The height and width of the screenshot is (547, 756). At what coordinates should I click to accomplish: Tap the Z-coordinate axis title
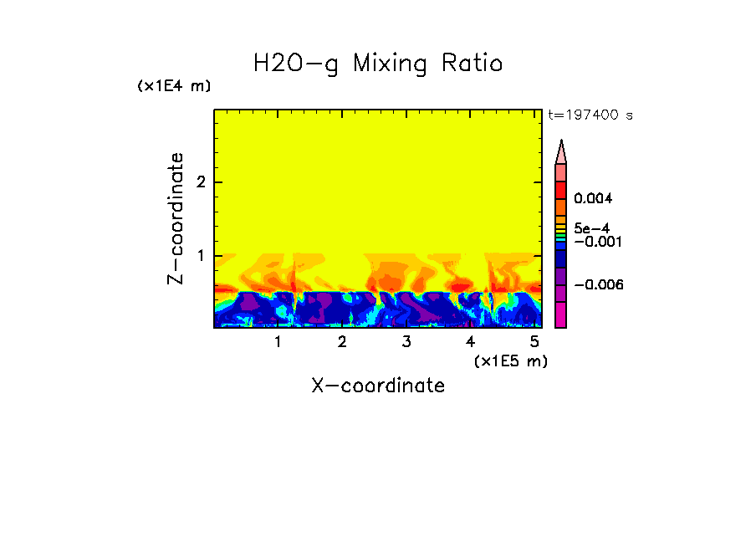click(176, 218)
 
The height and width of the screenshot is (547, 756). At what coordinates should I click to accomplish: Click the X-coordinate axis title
click(378, 386)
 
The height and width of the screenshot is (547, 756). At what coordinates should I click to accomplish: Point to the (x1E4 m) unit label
click(174, 86)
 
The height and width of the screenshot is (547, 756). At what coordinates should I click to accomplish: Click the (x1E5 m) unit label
click(510, 360)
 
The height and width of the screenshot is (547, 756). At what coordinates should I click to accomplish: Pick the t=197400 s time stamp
click(590, 115)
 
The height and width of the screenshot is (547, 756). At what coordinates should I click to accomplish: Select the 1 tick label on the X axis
click(278, 342)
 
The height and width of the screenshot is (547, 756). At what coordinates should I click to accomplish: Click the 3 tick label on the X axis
click(406, 342)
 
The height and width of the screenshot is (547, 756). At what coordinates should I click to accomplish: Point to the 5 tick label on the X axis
click(534, 342)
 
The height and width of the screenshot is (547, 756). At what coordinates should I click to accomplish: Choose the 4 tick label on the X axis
click(470, 342)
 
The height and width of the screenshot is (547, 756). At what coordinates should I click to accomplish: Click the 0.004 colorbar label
click(593, 199)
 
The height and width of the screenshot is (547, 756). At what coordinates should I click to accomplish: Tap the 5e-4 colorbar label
click(591, 227)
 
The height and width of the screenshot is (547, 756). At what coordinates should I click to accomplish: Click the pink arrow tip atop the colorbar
click(561, 151)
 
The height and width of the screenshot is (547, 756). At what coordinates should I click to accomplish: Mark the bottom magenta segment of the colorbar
click(561, 315)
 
